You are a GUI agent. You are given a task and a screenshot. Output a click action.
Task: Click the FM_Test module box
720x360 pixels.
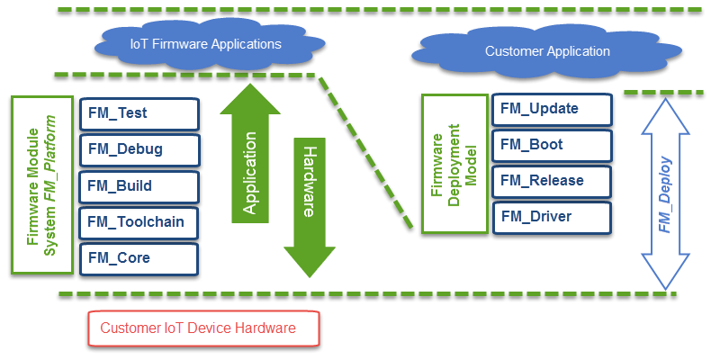coord(139,113)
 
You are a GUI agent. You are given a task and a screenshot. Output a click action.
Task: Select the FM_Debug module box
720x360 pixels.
coord(139,149)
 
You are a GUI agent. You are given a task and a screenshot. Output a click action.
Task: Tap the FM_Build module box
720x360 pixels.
coord(139,186)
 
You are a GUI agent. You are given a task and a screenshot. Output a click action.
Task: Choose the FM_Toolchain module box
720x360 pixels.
coord(139,222)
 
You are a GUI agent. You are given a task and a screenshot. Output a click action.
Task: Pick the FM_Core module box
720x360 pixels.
coord(139,258)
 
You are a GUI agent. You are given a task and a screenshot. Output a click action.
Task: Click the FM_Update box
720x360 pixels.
coord(552,109)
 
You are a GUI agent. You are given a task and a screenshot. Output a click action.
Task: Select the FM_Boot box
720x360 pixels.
coord(552,145)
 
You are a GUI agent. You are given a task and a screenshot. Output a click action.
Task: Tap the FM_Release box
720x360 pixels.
coord(552,181)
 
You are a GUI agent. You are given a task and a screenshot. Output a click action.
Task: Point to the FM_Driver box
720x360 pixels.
coord(552,217)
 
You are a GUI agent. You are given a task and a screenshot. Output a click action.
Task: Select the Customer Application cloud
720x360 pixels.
coord(546,52)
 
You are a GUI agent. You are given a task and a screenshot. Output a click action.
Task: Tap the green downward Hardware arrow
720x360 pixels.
coord(308,202)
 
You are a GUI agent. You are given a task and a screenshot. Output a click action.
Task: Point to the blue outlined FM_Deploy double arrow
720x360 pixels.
coord(663,193)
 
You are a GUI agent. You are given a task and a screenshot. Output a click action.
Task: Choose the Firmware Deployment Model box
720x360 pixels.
coord(453,165)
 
